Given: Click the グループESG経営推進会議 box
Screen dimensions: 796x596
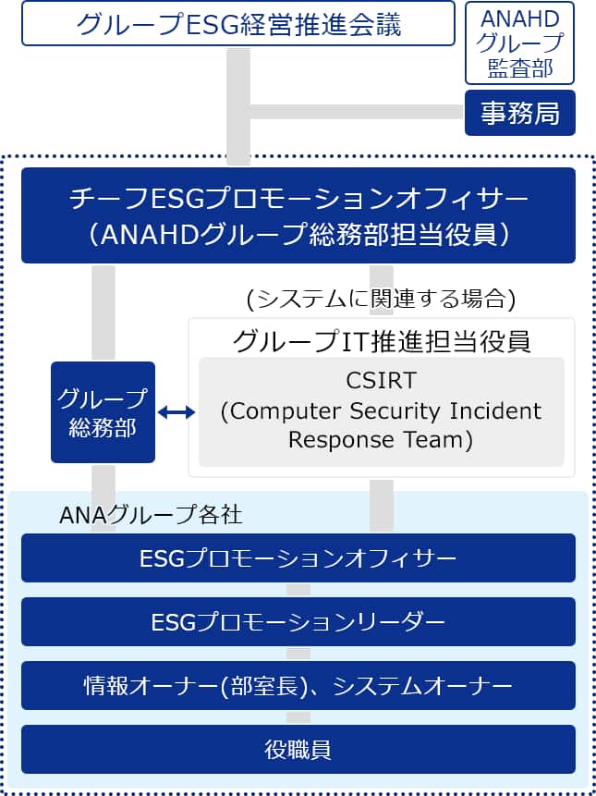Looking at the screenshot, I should (x=238, y=24).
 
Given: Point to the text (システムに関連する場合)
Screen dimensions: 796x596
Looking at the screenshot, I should (x=381, y=298).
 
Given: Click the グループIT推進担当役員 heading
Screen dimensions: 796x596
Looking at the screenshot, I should (x=381, y=340).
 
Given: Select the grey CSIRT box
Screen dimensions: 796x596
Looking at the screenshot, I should (x=381, y=411).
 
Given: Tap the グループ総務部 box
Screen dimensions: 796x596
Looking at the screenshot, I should (x=103, y=412).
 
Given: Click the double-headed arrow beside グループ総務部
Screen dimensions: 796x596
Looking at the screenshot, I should (x=176, y=412).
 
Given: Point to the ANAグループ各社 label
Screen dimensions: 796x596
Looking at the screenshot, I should (x=150, y=514).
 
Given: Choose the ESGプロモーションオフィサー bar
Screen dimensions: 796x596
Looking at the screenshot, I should (x=298, y=558).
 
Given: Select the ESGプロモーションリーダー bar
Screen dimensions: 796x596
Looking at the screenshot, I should (x=298, y=622).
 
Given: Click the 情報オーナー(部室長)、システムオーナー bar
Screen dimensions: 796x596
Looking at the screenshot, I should (x=298, y=686).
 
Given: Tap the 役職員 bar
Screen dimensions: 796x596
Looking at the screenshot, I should (x=298, y=749).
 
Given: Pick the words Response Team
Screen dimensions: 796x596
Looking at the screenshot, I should (x=381, y=440).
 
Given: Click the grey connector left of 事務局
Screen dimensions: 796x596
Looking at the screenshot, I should (x=356, y=112).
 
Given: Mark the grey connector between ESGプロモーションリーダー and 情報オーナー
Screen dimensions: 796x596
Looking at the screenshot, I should (x=298, y=654).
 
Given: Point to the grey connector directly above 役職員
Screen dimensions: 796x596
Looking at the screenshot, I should (x=298, y=717).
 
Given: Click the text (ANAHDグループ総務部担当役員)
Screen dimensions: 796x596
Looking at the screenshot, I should (x=298, y=234).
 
